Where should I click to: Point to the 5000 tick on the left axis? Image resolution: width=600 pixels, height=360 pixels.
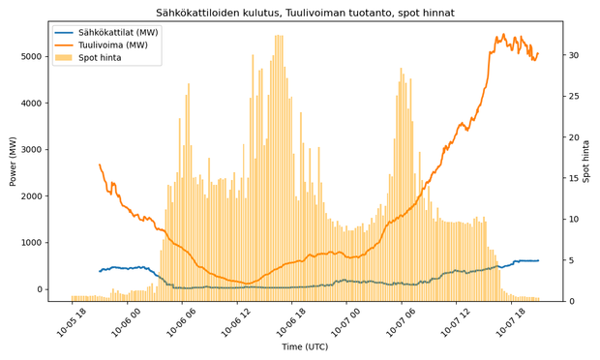click(x=32, y=56)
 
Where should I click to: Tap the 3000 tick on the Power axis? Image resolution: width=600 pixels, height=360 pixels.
click(x=32, y=149)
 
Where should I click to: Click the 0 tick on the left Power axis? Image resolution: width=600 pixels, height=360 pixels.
click(x=39, y=289)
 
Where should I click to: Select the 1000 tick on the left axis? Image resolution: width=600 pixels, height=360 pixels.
click(x=32, y=243)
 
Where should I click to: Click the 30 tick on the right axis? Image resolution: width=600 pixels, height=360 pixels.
click(x=573, y=55)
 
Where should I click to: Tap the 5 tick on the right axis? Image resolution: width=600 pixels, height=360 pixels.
click(x=570, y=260)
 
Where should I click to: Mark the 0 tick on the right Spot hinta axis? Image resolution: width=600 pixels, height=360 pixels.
click(x=570, y=301)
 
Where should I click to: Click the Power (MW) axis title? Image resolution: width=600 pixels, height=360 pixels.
click(x=13, y=161)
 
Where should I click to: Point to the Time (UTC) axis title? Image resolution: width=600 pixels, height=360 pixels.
click(x=306, y=346)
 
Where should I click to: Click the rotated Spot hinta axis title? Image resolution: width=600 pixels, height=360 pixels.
click(x=585, y=161)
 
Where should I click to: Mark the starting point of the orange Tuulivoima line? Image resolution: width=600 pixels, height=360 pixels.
click(x=99, y=165)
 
